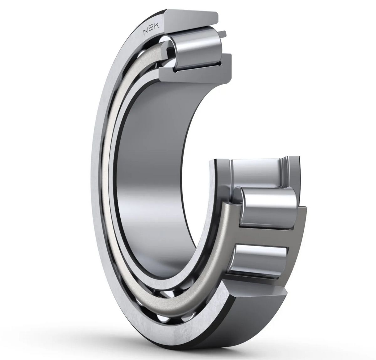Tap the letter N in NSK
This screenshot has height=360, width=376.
146,32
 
